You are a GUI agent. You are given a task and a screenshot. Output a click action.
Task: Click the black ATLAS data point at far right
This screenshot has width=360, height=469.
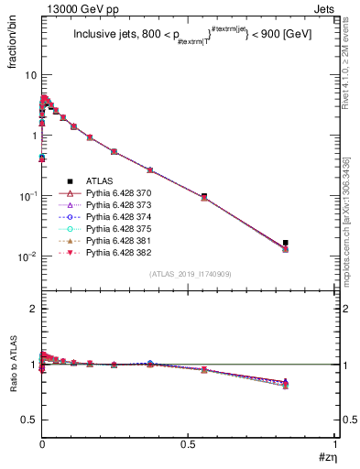[x=286, y=243]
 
